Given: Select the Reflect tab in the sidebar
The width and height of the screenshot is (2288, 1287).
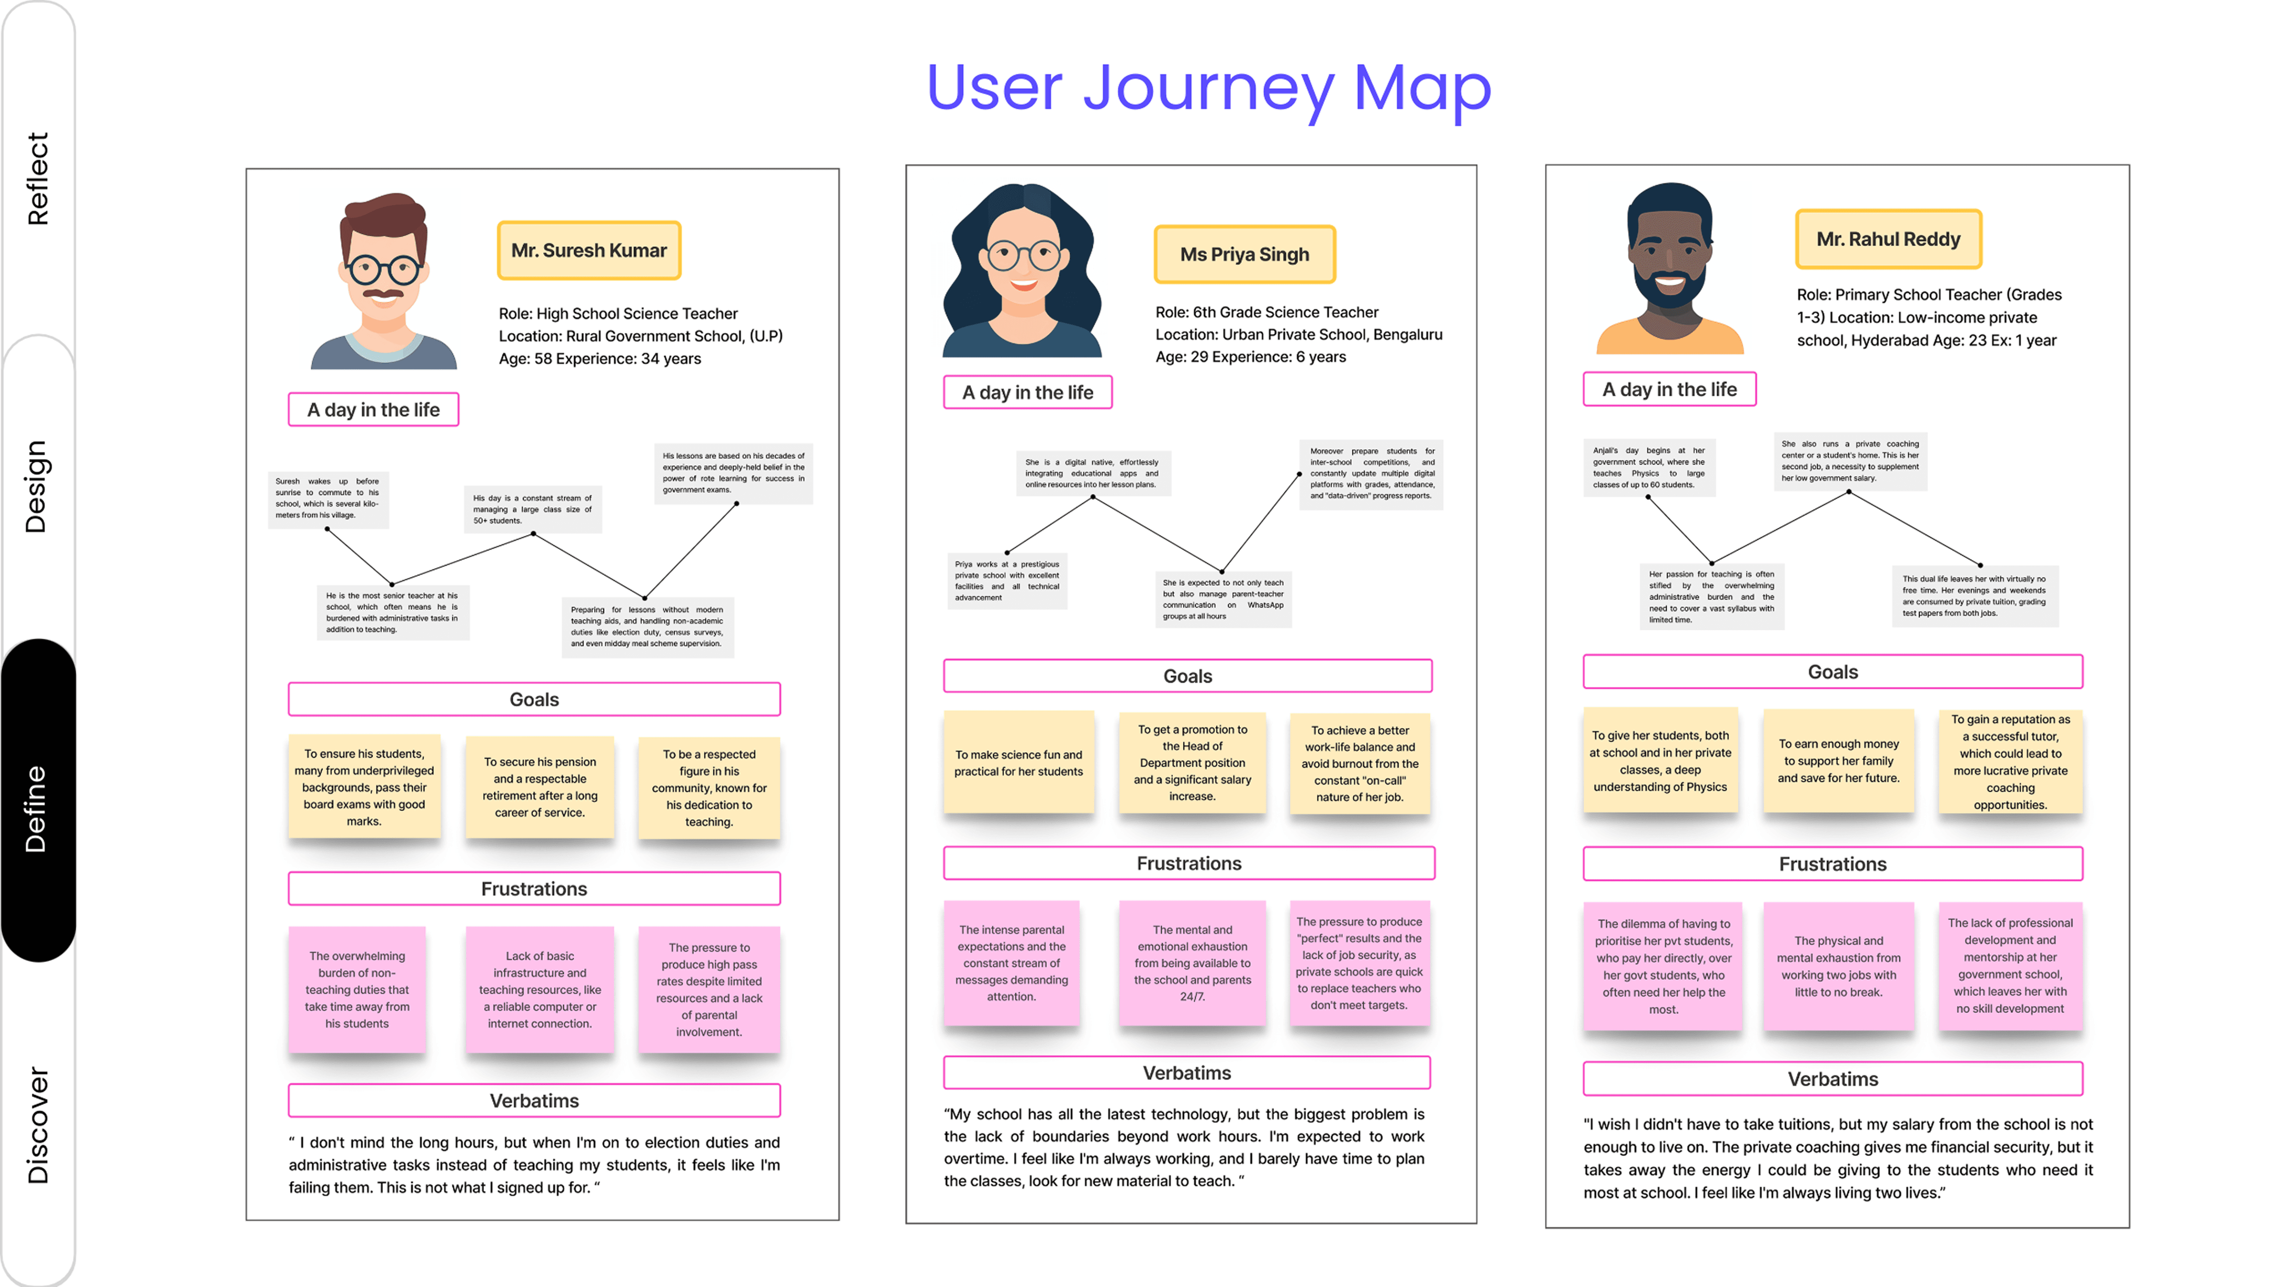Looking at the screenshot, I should point(37,178).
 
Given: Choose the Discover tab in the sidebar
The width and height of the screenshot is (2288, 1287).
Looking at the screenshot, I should point(37,1123).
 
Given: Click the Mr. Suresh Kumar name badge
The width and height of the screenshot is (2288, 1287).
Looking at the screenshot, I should point(589,250).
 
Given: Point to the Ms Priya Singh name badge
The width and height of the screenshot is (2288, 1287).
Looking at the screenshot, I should point(1245,254).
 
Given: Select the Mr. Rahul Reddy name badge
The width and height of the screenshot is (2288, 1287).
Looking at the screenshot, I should point(1888,239).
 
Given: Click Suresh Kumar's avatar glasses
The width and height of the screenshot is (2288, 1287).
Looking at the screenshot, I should point(384,268).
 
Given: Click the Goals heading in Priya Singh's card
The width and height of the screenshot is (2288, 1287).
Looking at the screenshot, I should point(1187,676).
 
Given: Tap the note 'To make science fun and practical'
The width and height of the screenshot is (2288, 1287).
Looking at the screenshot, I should point(1019,763).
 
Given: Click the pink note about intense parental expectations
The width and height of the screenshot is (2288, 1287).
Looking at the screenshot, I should point(1012,963).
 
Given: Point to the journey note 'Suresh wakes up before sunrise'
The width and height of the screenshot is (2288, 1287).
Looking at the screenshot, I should point(328,498).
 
